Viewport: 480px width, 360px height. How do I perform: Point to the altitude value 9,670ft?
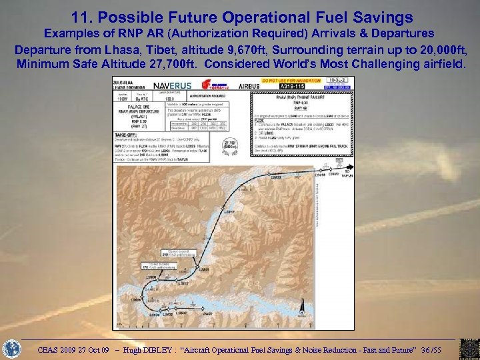pyautogui.click(x=275, y=49)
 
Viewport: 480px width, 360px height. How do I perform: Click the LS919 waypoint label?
pyautogui.click(x=229, y=211)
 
